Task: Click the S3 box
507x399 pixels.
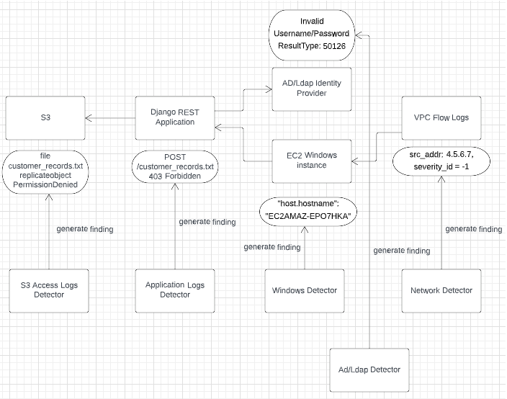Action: click(45, 118)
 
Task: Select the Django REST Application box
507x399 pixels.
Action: click(175, 118)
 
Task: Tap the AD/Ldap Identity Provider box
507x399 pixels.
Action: click(312, 89)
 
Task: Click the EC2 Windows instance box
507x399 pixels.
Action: click(312, 161)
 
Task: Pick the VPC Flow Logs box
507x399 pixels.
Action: click(441, 118)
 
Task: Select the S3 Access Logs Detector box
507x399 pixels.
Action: click(49, 291)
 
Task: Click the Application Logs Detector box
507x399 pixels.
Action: click(175, 291)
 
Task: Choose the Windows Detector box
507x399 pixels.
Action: click(305, 291)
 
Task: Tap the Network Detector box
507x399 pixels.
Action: click(441, 291)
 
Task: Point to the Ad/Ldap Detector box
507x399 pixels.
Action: click(369, 370)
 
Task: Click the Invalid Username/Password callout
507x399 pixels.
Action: click(312, 35)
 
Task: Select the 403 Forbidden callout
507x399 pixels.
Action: click(175, 166)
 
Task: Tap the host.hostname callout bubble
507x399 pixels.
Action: click(308, 212)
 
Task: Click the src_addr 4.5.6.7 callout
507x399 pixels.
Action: click(441, 161)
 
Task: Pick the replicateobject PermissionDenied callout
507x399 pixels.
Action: click(45, 172)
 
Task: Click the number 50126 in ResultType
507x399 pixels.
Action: click(334, 46)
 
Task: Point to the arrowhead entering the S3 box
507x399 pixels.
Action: click(89, 118)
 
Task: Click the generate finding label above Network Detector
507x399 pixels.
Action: click(474, 229)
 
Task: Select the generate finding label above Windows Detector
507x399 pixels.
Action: click(272, 247)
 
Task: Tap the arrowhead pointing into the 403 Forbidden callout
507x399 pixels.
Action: click(175, 187)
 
